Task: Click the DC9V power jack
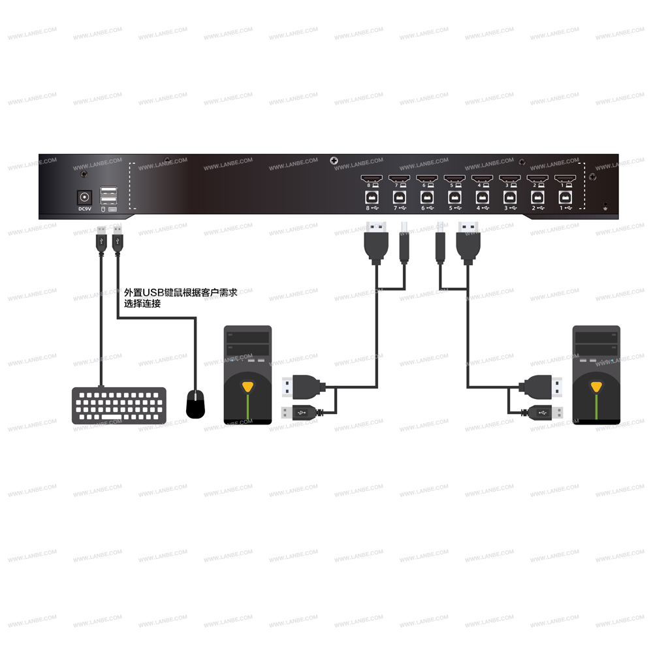[x=84, y=197]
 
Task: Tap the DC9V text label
[x=84, y=209]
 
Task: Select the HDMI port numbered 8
[x=370, y=178]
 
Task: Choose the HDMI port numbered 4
[x=481, y=178]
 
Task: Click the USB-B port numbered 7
[x=398, y=196]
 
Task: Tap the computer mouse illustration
[x=196, y=404]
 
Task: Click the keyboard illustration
[x=119, y=406]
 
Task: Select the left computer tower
[x=247, y=375]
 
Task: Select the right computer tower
[x=596, y=375]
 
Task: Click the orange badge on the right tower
[x=596, y=386]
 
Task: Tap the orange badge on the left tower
[x=247, y=386]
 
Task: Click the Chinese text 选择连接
[x=142, y=304]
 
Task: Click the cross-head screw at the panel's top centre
[x=334, y=161]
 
